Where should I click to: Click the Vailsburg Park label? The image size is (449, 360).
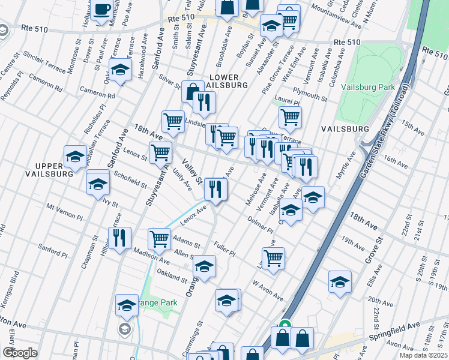pyautogui.click(x=367, y=87)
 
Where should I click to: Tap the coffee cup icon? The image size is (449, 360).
pyautogui.click(x=102, y=10)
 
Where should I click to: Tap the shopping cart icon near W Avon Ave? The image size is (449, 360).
pyautogui.click(x=274, y=259)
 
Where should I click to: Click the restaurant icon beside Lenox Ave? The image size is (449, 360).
pyautogui.click(x=215, y=189)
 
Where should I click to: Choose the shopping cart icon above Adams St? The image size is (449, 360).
pyautogui.click(x=160, y=238)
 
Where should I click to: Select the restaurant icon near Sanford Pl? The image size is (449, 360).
pyautogui.click(x=119, y=238)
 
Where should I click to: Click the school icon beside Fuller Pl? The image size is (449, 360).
pyautogui.click(x=204, y=265)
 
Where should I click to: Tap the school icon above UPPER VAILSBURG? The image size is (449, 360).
pyautogui.click(x=75, y=157)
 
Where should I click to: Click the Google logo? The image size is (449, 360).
pyautogui.click(x=20, y=353)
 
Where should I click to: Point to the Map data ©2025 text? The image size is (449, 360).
pyautogui.click(x=424, y=355)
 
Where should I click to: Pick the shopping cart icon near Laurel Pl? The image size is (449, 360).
pyautogui.click(x=290, y=118)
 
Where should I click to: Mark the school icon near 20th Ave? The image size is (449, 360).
pyautogui.click(x=340, y=281)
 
